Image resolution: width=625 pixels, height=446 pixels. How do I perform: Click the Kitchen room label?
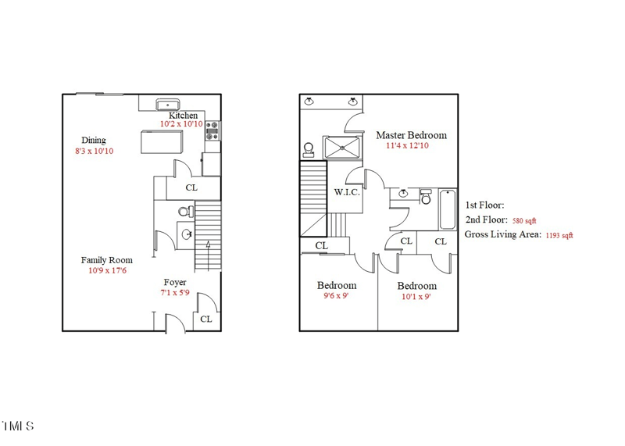tap(184, 116)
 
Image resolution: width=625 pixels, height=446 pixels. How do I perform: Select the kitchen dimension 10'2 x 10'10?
tap(181, 124)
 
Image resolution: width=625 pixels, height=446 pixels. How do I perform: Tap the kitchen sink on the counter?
tap(167, 104)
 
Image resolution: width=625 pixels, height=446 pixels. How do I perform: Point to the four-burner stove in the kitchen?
tap(212, 132)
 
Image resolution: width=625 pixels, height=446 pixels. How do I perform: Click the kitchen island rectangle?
tap(161, 142)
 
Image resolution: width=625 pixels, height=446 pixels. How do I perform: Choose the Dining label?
tap(94, 141)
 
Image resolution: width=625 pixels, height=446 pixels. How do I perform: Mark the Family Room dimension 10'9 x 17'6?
tap(106, 271)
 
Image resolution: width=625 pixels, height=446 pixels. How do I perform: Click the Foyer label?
tap(175, 283)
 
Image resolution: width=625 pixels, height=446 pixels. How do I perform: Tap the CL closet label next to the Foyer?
tap(205, 319)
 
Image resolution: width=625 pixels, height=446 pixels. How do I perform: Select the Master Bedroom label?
tap(411, 135)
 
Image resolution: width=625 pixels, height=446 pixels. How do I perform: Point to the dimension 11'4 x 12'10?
tap(406, 145)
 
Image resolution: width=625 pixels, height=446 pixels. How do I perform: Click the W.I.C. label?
tap(347, 192)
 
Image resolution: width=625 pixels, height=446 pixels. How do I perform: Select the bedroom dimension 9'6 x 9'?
tap(336, 296)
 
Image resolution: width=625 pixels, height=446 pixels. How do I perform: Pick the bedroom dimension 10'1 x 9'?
tap(416, 297)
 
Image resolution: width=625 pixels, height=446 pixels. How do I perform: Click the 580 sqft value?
tap(524, 221)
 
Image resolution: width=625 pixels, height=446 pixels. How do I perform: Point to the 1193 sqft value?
tap(559, 235)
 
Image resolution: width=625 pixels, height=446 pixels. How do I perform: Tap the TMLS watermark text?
tap(17, 426)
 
